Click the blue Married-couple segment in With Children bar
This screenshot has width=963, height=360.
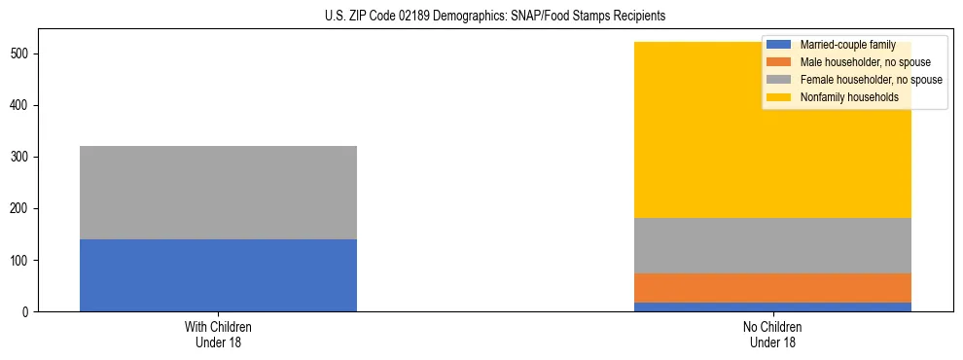point(218,275)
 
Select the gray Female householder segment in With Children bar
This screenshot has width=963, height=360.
point(218,193)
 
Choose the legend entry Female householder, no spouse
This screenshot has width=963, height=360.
point(871,80)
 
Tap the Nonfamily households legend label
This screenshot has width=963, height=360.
point(849,97)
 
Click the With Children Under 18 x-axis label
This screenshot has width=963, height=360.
point(218,335)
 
